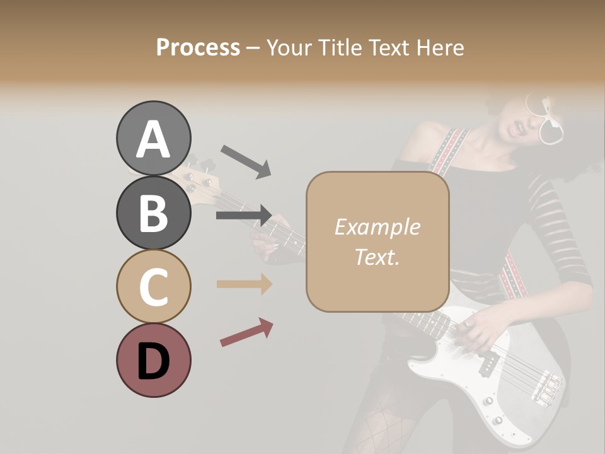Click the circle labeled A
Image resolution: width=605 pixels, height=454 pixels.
pyautogui.click(x=153, y=138)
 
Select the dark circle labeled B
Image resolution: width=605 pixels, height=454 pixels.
pyautogui.click(x=153, y=212)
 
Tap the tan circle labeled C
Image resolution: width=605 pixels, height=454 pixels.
pyautogui.click(x=153, y=286)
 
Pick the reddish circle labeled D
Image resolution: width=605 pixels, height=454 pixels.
pyautogui.click(x=153, y=360)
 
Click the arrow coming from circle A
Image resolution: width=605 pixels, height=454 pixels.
pyautogui.click(x=245, y=161)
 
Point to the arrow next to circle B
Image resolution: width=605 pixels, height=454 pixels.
pyautogui.click(x=244, y=216)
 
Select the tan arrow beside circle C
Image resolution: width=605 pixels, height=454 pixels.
pyautogui.click(x=244, y=284)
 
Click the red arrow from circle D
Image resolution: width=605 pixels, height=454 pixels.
pyautogui.click(x=246, y=332)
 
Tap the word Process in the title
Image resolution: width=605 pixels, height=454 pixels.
pyautogui.click(x=198, y=47)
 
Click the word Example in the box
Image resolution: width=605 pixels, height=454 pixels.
pyautogui.click(x=377, y=227)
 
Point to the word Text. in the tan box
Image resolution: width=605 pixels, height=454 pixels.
pyautogui.click(x=377, y=257)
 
